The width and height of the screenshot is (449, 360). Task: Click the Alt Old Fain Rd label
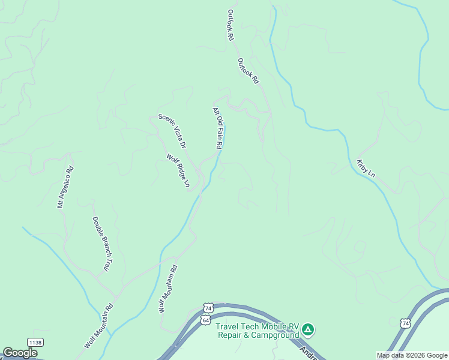[x=218, y=128]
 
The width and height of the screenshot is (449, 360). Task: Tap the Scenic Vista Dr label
[x=172, y=131]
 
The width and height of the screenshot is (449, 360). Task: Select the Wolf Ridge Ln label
[x=178, y=171]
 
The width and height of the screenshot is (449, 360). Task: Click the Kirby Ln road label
[x=366, y=168]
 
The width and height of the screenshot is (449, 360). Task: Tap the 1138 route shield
[x=34, y=342]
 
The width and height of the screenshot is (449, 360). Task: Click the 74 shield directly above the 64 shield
[x=208, y=308]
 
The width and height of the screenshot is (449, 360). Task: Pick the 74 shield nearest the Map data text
[x=405, y=323]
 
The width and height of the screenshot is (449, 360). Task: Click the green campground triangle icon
[x=308, y=329]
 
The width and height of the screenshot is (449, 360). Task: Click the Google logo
[x=20, y=353]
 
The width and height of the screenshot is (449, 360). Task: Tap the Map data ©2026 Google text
[x=411, y=355]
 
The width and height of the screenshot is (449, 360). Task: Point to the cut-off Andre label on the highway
[x=307, y=349]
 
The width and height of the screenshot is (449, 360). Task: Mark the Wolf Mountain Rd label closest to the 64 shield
[x=168, y=289]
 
